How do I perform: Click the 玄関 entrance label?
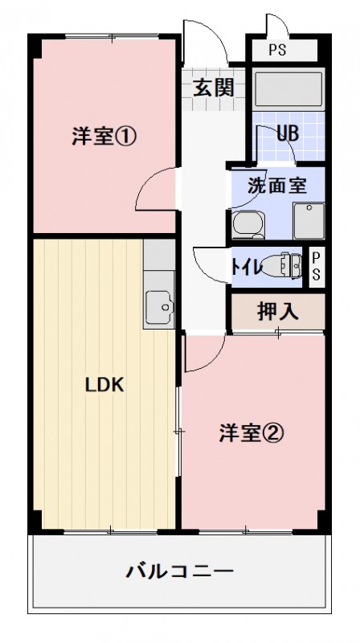[213, 87]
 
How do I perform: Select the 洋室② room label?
[251, 433]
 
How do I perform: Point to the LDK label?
[104, 385]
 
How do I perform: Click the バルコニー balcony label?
[179, 572]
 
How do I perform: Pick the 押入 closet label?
[278, 311]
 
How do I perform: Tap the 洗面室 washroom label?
[276, 184]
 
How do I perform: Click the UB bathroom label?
[288, 133]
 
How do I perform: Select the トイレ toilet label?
[246, 268]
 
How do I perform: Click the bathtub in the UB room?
[288, 90]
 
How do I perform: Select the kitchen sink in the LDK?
[158, 305]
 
